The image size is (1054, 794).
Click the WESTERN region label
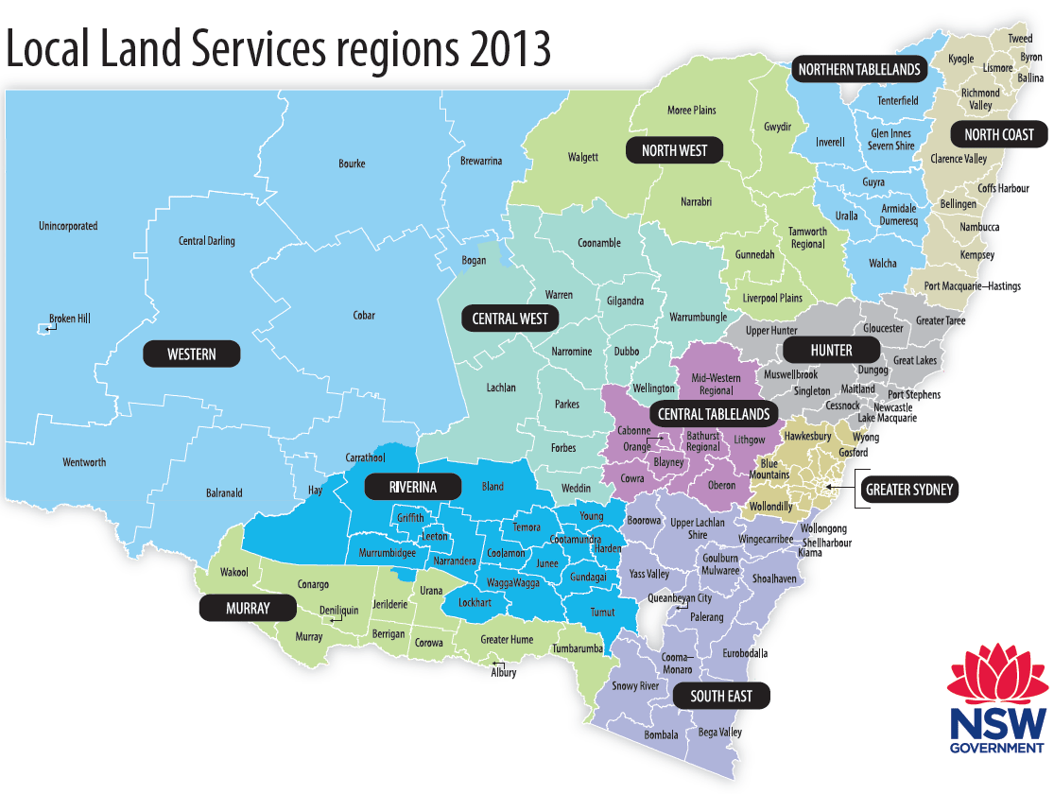(x=192, y=354)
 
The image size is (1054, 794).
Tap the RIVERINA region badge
(x=412, y=488)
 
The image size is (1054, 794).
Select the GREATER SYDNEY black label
(x=908, y=490)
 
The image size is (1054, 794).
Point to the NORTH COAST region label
(x=999, y=135)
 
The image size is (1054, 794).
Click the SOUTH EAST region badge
(x=720, y=697)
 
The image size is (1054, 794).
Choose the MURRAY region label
(x=248, y=608)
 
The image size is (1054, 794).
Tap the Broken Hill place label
(x=70, y=319)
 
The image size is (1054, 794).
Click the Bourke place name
(x=352, y=164)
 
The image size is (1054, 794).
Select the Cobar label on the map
(x=364, y=316)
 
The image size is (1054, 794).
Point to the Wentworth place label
(x=84, y=462)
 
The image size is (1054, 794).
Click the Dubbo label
(x=626, y=352)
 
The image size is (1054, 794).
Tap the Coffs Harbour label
(x=1003, y=188)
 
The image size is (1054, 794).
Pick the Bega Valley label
(x=718, y=733)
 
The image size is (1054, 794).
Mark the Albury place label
(x=504, y=672)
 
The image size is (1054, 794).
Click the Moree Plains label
(x=691, y=111)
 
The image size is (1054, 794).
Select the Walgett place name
(x=582, y=157)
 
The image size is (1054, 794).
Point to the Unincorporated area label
(x=68, y=227)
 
